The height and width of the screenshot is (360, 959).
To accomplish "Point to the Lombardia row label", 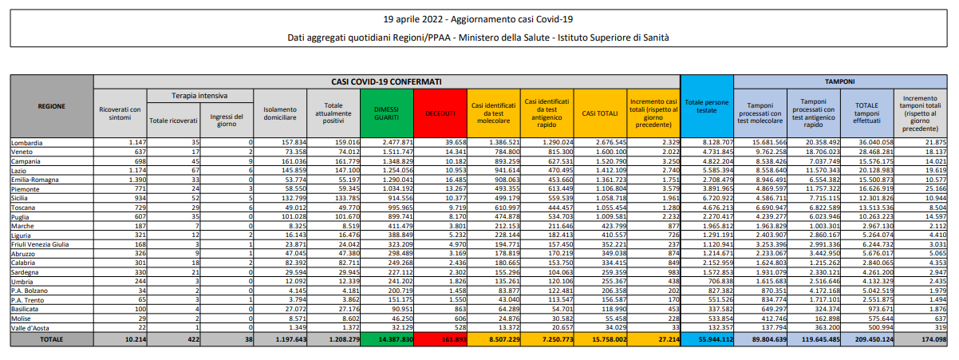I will pyautogui.click(x=26, y=142).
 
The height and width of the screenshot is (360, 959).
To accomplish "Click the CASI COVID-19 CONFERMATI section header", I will pyautogui.click(x=386, y=81).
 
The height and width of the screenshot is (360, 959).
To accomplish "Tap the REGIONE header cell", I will pyautogui.click(x=51, y=105).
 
